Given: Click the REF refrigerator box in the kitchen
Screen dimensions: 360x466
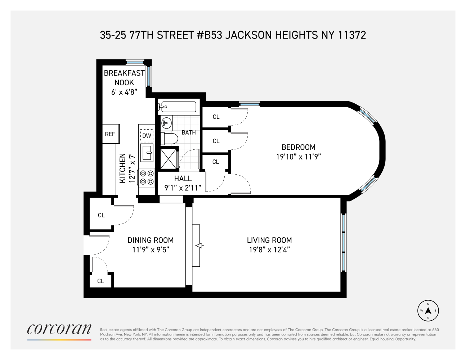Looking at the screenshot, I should pyautogui.click(x=110, y=134).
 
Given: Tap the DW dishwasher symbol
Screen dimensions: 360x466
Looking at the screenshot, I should pyautogui.click(x=147, y=135).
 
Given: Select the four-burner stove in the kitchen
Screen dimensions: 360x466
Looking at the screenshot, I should pyautogui.click(x=147, y=177).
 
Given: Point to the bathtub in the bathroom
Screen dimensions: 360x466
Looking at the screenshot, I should pyautogui.click(x=177, y=107).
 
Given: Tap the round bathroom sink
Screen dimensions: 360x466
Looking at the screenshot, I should pyautogui.click(x=166, y=123).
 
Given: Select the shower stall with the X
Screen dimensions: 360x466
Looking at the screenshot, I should pyautogui.click(x=168, y=158).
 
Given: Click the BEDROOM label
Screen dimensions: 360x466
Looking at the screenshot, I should pyautogui.click(x=298, y=147).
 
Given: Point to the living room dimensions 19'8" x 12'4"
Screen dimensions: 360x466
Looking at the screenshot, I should pyautogui.click(x=269, y=250).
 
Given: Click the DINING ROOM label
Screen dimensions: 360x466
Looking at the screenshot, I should pyautogui.click(x=151, y=240).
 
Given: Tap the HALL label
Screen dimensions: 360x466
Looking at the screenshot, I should pyautogui.click(x=183, y=178).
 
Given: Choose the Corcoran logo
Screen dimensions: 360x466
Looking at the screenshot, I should pyautogui.click(x=59, y=329).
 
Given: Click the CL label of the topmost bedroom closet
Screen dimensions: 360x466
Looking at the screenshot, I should pyautogui.click(x=216, y=117).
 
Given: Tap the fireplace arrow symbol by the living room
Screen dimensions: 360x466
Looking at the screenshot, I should pyautogui.click(x=199, y=246).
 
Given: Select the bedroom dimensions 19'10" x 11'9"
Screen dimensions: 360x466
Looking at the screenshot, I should pyautogui.click(x=298, y=157).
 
